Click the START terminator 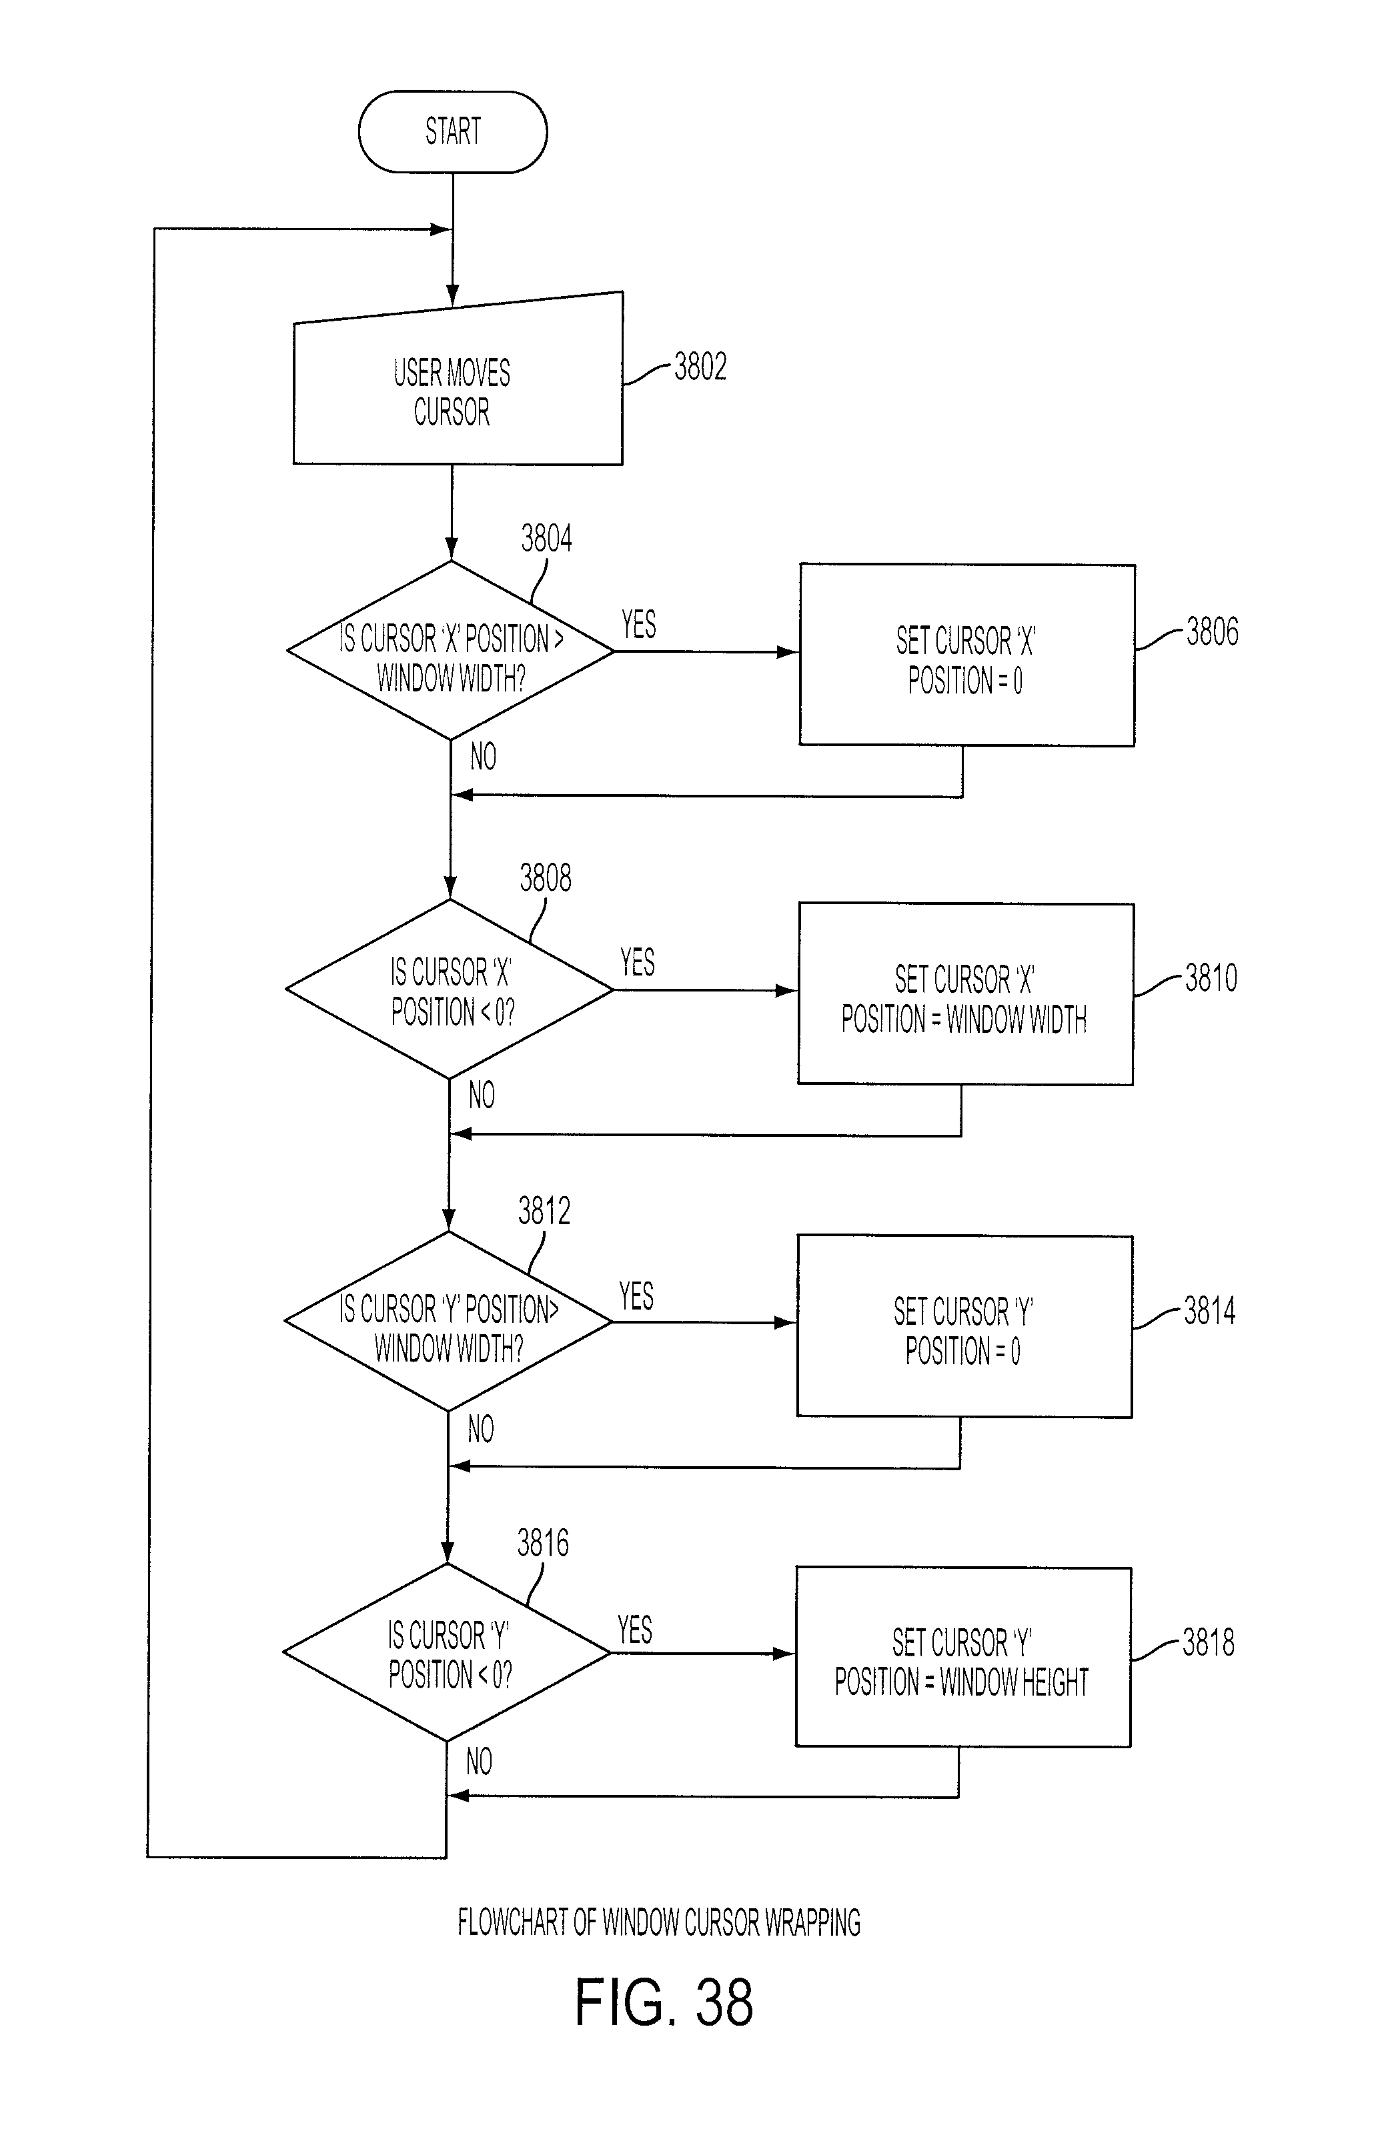pyautogui.click(x=452, y=131)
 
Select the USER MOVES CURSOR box pyautogui.click(x=458, y=378)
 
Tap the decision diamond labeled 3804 pyautogui.click(x=450, y=650)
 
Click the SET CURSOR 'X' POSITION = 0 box pyautogui.click(x=966, y=655)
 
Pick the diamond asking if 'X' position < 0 pyautogui.click(x=450, y=989)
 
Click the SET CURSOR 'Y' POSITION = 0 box pyautogui.click(x=964, y=1326)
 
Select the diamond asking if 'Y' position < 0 pyautogui.click(x=447, y=1652)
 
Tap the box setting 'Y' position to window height pyautogui.click(x=963, y=1658)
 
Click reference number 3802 pyautogui.click(x=700, y=367)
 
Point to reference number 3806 pyautogui.click(x=1211, y=631)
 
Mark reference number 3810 pyautogui.click(x=1211, y=977)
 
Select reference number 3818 pyautogui.click(x=1208, y=1642)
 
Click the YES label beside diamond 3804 pyautogui.click(x=638, y=624)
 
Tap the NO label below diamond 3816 pyautogui.click(x=479, y=1762)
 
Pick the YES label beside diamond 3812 pyautogui.click(x=636, y=1296)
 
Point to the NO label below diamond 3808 pyautogui.click(x=482, y=1095)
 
